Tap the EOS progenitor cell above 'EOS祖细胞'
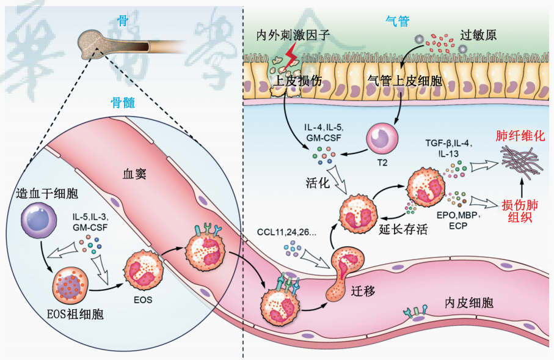[70, 285]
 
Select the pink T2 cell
[382, 139]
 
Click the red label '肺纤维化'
[520, 136]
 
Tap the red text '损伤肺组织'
[520, 211]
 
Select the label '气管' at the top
[397, 21]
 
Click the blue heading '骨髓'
[123, 103]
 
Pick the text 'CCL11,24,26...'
[286, 232]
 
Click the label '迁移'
[363, 291]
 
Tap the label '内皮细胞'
[469, 303]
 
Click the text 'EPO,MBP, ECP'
[458, 220]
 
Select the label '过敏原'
[478, 35]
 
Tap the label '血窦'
[134, 174]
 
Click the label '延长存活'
[403, 229]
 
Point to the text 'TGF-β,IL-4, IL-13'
[449, 148]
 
